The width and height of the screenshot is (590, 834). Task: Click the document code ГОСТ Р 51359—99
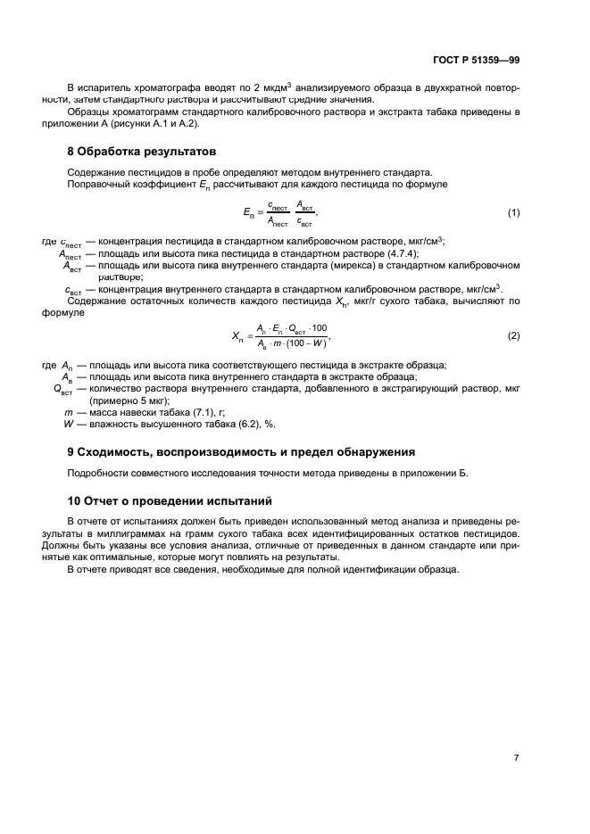pos(475,60)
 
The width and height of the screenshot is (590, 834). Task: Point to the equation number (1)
pos(513,212)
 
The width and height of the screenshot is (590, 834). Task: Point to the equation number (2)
pos(513,335)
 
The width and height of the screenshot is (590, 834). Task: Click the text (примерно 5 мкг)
pos(131,401)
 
